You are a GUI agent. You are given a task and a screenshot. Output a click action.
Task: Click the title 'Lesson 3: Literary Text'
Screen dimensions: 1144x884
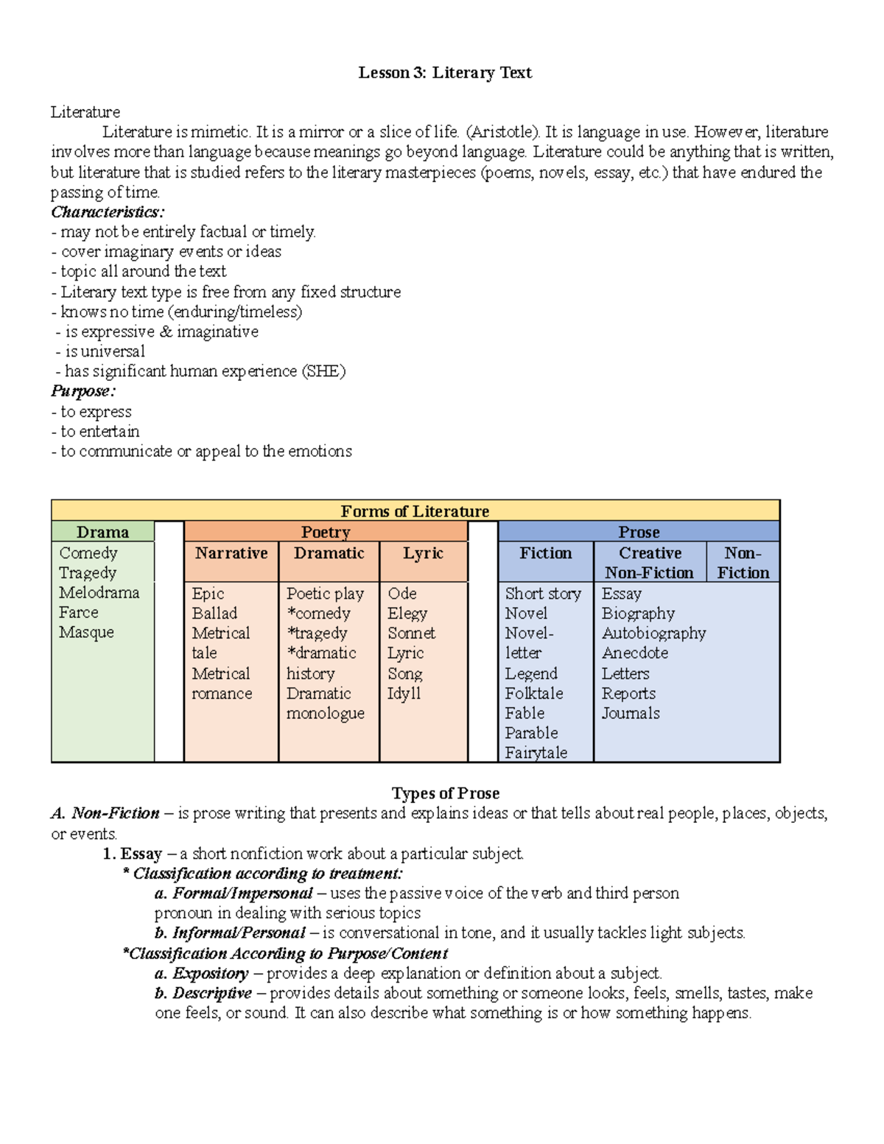[x=444, y=72]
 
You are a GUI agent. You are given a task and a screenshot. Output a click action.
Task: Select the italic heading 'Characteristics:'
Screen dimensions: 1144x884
[x=108, y=212]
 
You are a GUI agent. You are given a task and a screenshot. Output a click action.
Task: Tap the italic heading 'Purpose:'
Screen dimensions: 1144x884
[x=83, y=391]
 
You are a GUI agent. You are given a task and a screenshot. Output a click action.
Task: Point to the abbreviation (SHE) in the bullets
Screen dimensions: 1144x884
[x=323, y=371]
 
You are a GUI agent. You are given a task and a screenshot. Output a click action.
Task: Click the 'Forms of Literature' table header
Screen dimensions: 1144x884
[x=415, y=510]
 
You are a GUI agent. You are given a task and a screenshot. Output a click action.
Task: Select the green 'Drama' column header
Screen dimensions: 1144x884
[x=102, y=532]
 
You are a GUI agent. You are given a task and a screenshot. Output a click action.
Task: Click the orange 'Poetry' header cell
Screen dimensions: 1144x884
[x=326, y=532]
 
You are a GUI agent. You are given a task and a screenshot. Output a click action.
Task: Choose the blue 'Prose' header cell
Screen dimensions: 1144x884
[x=639, y=532]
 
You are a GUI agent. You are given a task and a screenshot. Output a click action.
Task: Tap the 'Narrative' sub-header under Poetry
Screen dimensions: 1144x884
[x=231, y=553]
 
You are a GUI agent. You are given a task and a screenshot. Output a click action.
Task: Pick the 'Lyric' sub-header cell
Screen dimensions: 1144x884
[x=423, y=553]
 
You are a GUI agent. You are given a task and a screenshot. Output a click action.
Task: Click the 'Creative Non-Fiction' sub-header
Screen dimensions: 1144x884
[x=650, y=563]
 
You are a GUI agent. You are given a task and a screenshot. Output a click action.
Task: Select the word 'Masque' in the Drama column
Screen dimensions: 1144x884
[x=86, y=633]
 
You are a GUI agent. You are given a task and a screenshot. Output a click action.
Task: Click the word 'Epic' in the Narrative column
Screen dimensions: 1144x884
[x=208, y=594]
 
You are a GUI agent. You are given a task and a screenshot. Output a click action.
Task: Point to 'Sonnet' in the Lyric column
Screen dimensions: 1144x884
[x=411, y=634]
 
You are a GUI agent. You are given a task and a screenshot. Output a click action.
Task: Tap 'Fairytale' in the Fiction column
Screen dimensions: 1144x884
[x=536, y=753]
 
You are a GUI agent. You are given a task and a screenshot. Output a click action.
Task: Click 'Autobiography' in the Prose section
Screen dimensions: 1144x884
[x=653, y=634]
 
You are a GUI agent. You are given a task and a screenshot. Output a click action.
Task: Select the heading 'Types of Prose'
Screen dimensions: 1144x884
[x=445, y=793]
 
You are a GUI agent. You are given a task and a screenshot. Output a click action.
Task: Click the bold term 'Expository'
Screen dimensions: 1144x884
[x=210, y=973]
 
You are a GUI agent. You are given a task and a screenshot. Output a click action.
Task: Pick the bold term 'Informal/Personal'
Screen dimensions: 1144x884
[x=238, y=933]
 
